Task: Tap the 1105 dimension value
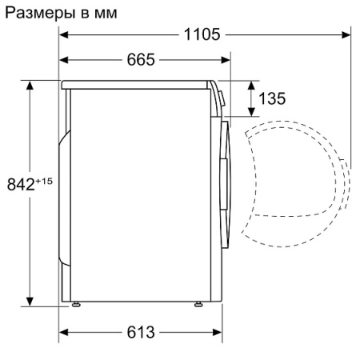point(202,34)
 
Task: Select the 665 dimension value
point(140,60)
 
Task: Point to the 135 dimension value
point(273,98)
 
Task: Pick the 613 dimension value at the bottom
point(140,331)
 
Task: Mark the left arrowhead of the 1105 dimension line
point(63,34)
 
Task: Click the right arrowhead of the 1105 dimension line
point(346,34)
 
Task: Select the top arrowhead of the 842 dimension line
point(30,84)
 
